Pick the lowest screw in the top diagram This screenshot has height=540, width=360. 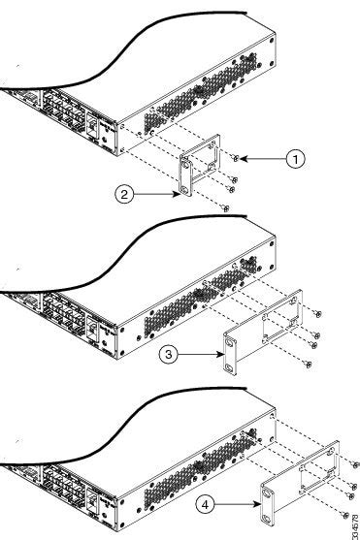pos(225,206)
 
